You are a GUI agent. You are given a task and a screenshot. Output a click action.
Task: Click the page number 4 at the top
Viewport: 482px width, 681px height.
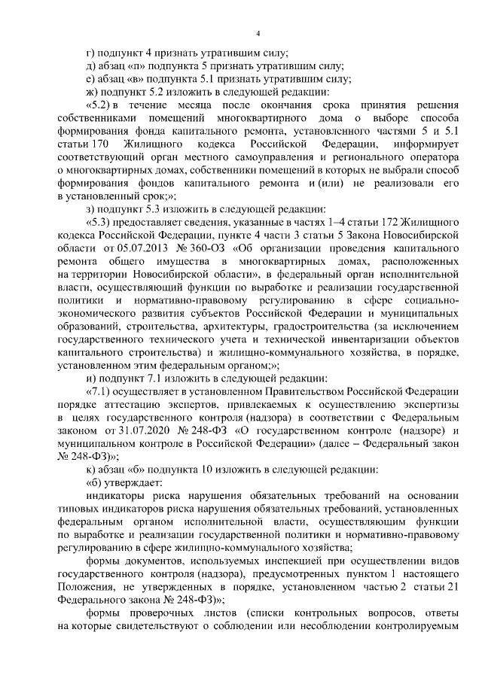(258, 33)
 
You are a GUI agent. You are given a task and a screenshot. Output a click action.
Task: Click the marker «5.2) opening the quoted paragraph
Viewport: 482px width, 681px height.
(100, 105)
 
